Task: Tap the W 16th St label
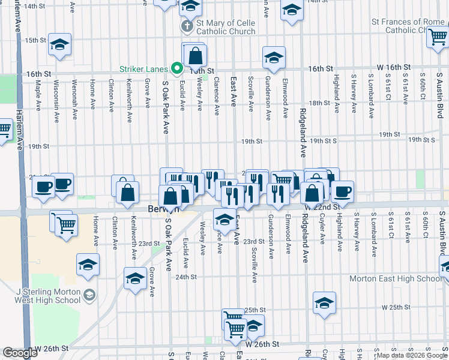coord(393,68)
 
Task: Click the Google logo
coord(20,353)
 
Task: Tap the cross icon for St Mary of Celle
coord(187,26)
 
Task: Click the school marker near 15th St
coord(59,46)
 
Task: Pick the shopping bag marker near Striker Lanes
coord(196,57)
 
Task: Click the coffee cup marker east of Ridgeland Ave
coord(342,191)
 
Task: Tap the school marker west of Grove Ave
coord(135,278)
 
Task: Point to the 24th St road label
coord(186,277)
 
